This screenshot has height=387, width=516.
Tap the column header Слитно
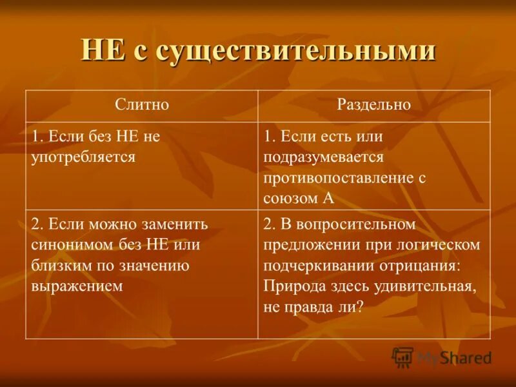(x=142, y=105)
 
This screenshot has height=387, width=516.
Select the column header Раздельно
(x=374, y=105)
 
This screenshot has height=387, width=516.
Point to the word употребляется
(x=84, y=157)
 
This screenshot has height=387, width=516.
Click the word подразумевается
(x=324, y=157)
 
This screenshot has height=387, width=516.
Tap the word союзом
(x=290, y=198)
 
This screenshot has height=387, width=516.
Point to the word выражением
(x=77, y=286)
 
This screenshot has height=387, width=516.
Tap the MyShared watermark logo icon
(x=402, y=357)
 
